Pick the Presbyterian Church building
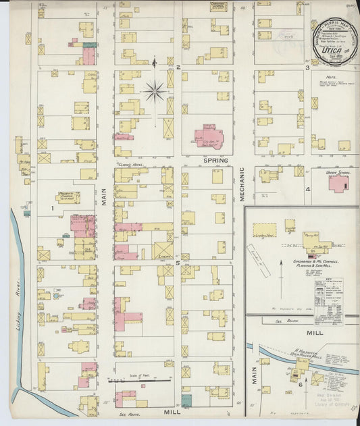click(68, 197)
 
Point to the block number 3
click(307, 68)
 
